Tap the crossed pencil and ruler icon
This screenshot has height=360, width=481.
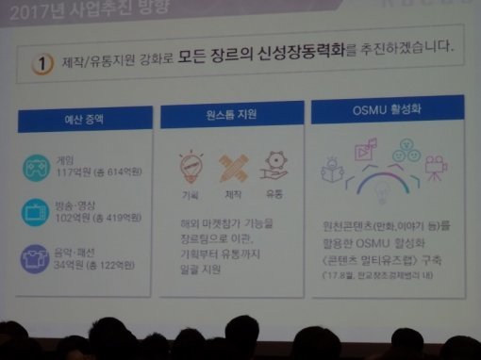tap(233, 168)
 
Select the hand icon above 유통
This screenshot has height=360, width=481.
tap(274, 164)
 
